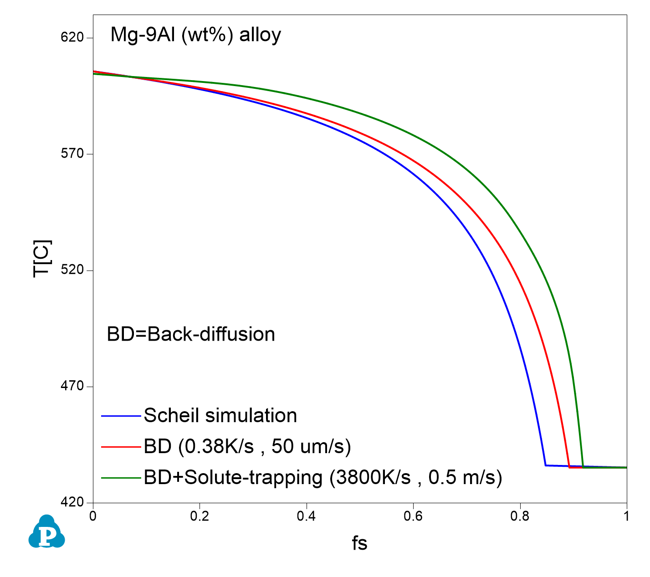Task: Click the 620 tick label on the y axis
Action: pyautogui.click(x=72, y=37)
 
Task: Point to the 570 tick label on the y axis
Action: pyautogui.click(x=72, y=154)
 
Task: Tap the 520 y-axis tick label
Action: pyautogui.click(x=72, y=270)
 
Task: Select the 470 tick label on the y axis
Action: pyautogui.click(x=72, y=386)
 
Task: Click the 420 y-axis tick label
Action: pyautogui.click(x=72, y=502)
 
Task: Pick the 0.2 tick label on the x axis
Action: pyautogui.click(x=200, y=516)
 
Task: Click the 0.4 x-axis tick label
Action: pyautogui.click(x=307, y=516)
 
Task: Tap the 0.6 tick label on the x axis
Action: pyautogui.click(x=413, y=516)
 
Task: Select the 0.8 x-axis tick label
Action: pyautogui.click(x=520, y=516)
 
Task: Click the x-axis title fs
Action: pyautogui.click(x=359, y=543)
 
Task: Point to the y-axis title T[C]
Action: pyautogui.click(x=43, y=258)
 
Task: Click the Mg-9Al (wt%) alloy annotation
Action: pyautogui.click(x=196, y=35)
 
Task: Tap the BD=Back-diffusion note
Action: pyautogui.click(x=191, y=334)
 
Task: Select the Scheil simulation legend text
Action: pyautogui.click(x=220, y=415)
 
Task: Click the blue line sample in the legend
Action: pyautogui.click(x=121, y=416)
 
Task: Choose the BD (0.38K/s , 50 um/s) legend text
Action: pyautogui.click(x=247, y=447)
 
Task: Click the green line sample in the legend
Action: pyautogui.click(x=121, y=478)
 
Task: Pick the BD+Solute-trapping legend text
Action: pyautogui.click(x=323, y=477)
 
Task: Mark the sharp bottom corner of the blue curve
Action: pyautogui.click(x=545, y=465)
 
